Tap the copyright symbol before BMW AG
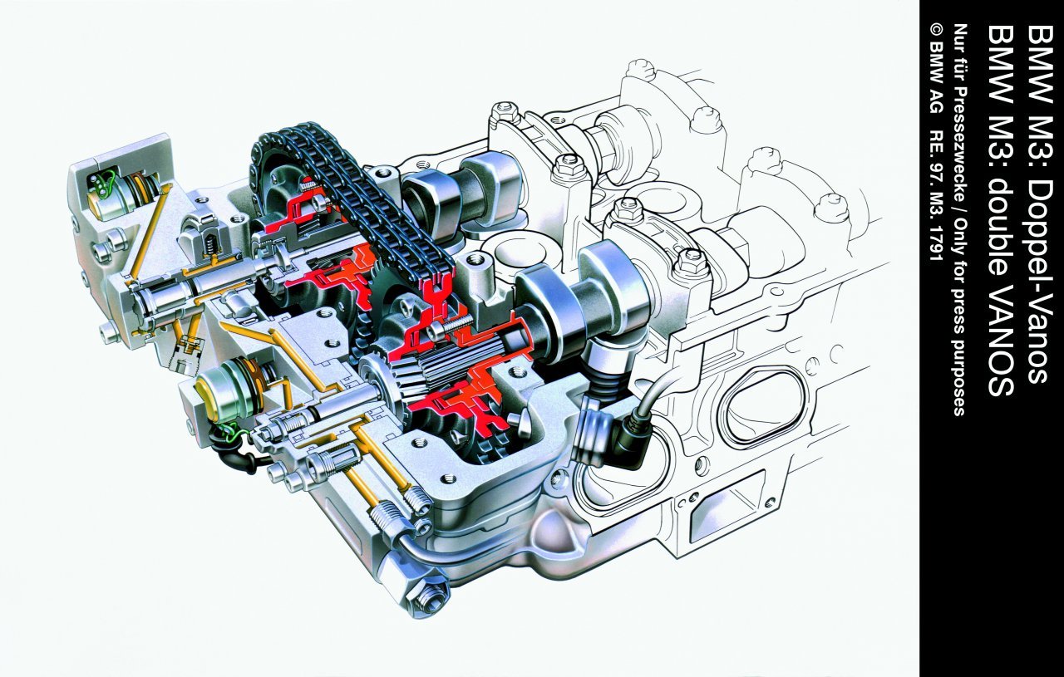[x=923, y=32]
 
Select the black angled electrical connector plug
[x=632, y=439]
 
